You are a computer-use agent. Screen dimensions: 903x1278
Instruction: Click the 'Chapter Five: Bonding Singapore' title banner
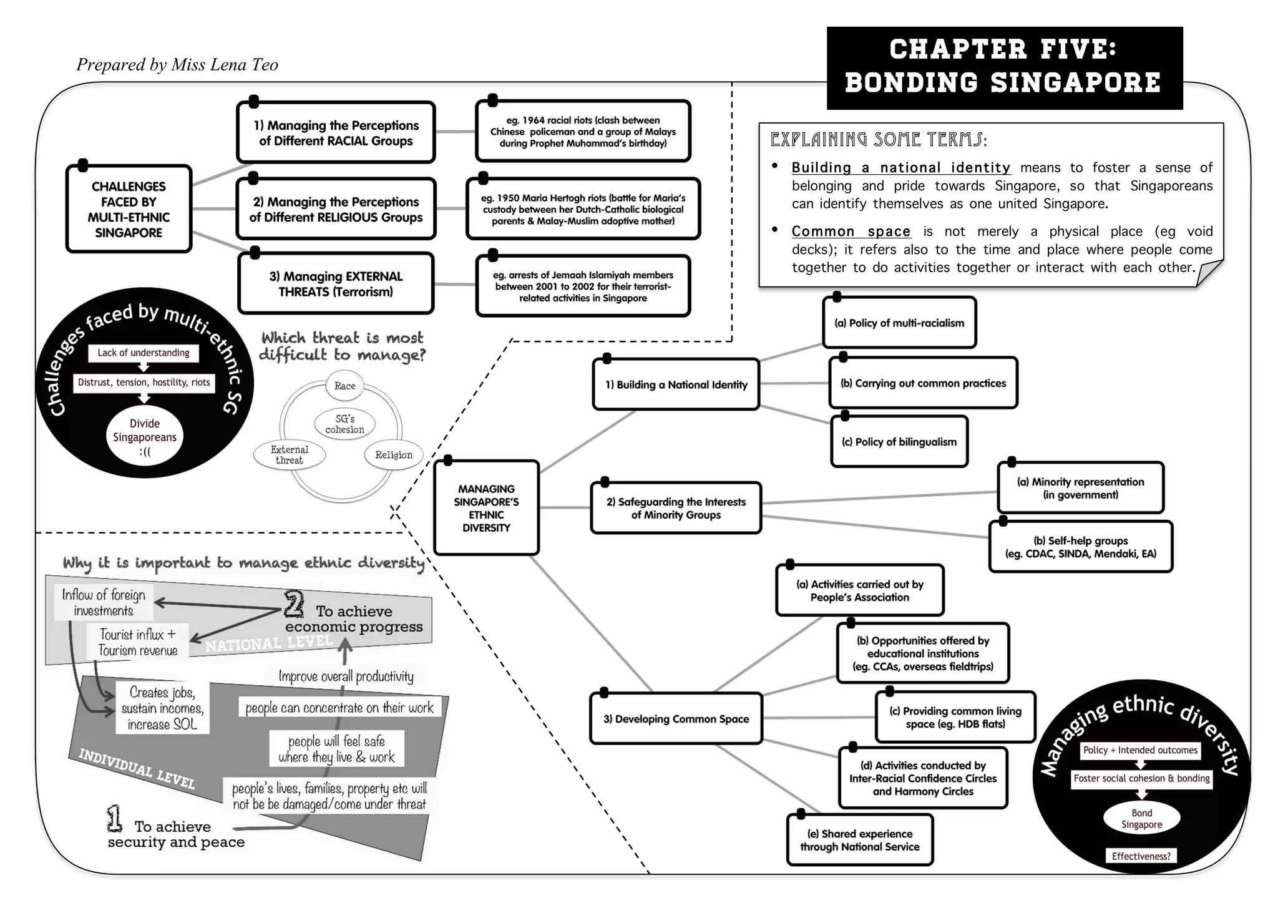coord(1003,67)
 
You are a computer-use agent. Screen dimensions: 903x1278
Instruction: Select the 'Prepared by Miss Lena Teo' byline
coord(177,65)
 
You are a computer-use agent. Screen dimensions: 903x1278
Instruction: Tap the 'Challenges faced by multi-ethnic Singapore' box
coord(129,209)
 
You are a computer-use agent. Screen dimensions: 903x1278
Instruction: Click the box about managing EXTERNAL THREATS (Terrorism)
coord(336,284)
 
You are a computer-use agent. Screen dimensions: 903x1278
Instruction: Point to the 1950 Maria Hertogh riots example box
coord(583,209)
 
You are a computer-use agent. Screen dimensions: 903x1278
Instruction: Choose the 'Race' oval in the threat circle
coord(344,386)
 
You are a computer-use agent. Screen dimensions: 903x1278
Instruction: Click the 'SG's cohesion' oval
coord(344,424)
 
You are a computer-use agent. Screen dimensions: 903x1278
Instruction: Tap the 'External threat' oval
coord(289,455)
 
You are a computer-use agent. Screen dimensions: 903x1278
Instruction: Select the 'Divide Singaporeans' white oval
coord(145,437)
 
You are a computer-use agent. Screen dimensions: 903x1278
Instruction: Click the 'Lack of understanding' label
coord(143,353)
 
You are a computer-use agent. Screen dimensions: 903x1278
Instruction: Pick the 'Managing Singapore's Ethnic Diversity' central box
coord(486,508)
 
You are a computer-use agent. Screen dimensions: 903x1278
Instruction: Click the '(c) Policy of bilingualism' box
coord(899,442)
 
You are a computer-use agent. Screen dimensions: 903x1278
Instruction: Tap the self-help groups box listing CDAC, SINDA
coord(1080,547)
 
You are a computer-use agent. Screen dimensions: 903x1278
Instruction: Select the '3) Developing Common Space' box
coord(676,719)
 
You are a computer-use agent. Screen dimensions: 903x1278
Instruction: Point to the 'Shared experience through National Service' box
coord(859,840)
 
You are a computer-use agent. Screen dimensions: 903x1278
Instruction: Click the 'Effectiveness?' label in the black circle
coord(1141,856)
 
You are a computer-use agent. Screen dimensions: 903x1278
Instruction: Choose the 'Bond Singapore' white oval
coord(1141,818)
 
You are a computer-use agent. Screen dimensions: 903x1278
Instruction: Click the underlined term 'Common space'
coord(851,232)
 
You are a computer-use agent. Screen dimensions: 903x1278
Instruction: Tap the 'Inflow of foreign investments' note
coord(104,603)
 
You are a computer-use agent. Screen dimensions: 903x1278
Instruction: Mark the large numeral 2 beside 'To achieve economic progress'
coord(294,603)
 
